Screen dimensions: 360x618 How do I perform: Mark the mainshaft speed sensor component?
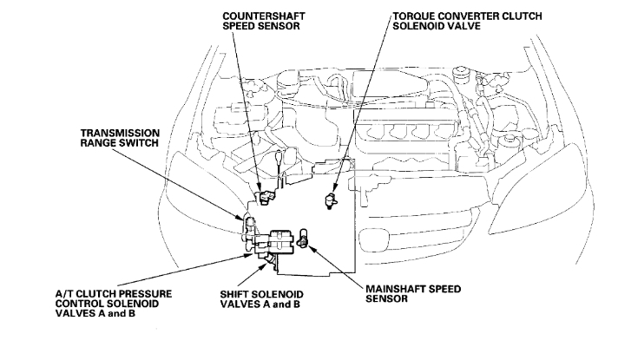(304, 236)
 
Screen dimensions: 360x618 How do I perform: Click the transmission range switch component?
(250, 227)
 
